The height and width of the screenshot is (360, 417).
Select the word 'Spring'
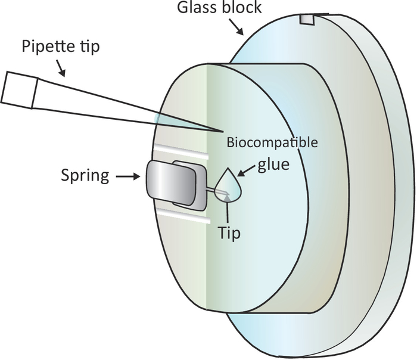(87, 176)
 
